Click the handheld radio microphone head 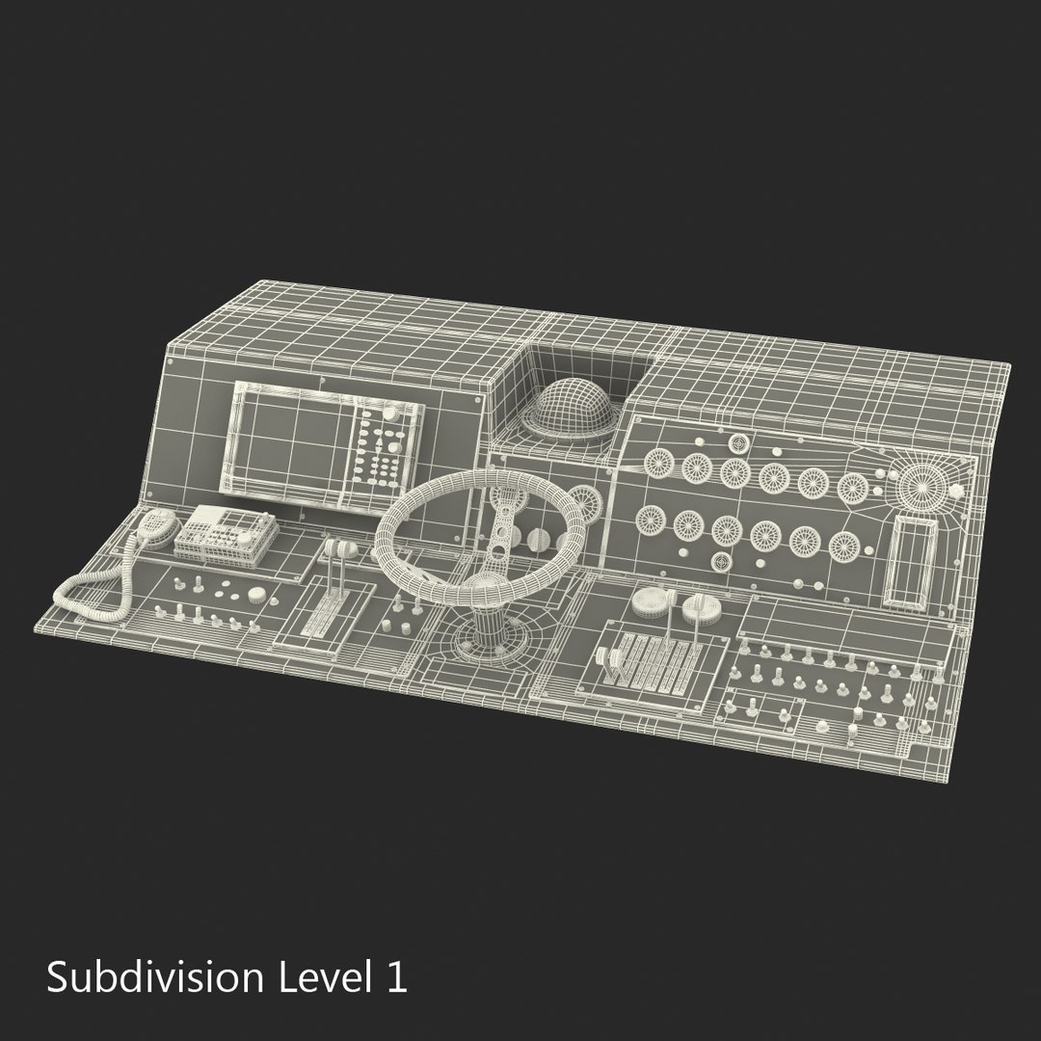click(157, 526)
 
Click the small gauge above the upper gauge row click(738, 444)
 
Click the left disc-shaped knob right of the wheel click(650, 603)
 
